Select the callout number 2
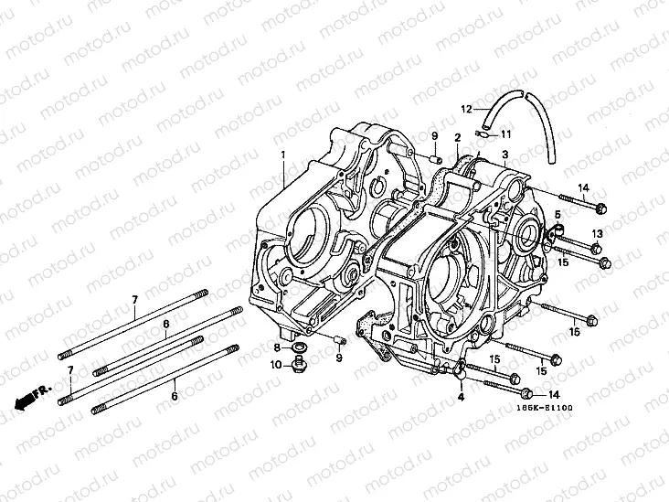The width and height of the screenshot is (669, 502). (456, 137)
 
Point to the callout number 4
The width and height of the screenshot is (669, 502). (461, 397)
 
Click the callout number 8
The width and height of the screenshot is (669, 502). (275, 347)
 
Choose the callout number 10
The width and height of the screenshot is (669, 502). (276, 366)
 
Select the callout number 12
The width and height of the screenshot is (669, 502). (466, 109)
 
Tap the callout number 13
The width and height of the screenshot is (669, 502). (596, 233)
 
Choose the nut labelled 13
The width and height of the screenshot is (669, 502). (595, 249)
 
